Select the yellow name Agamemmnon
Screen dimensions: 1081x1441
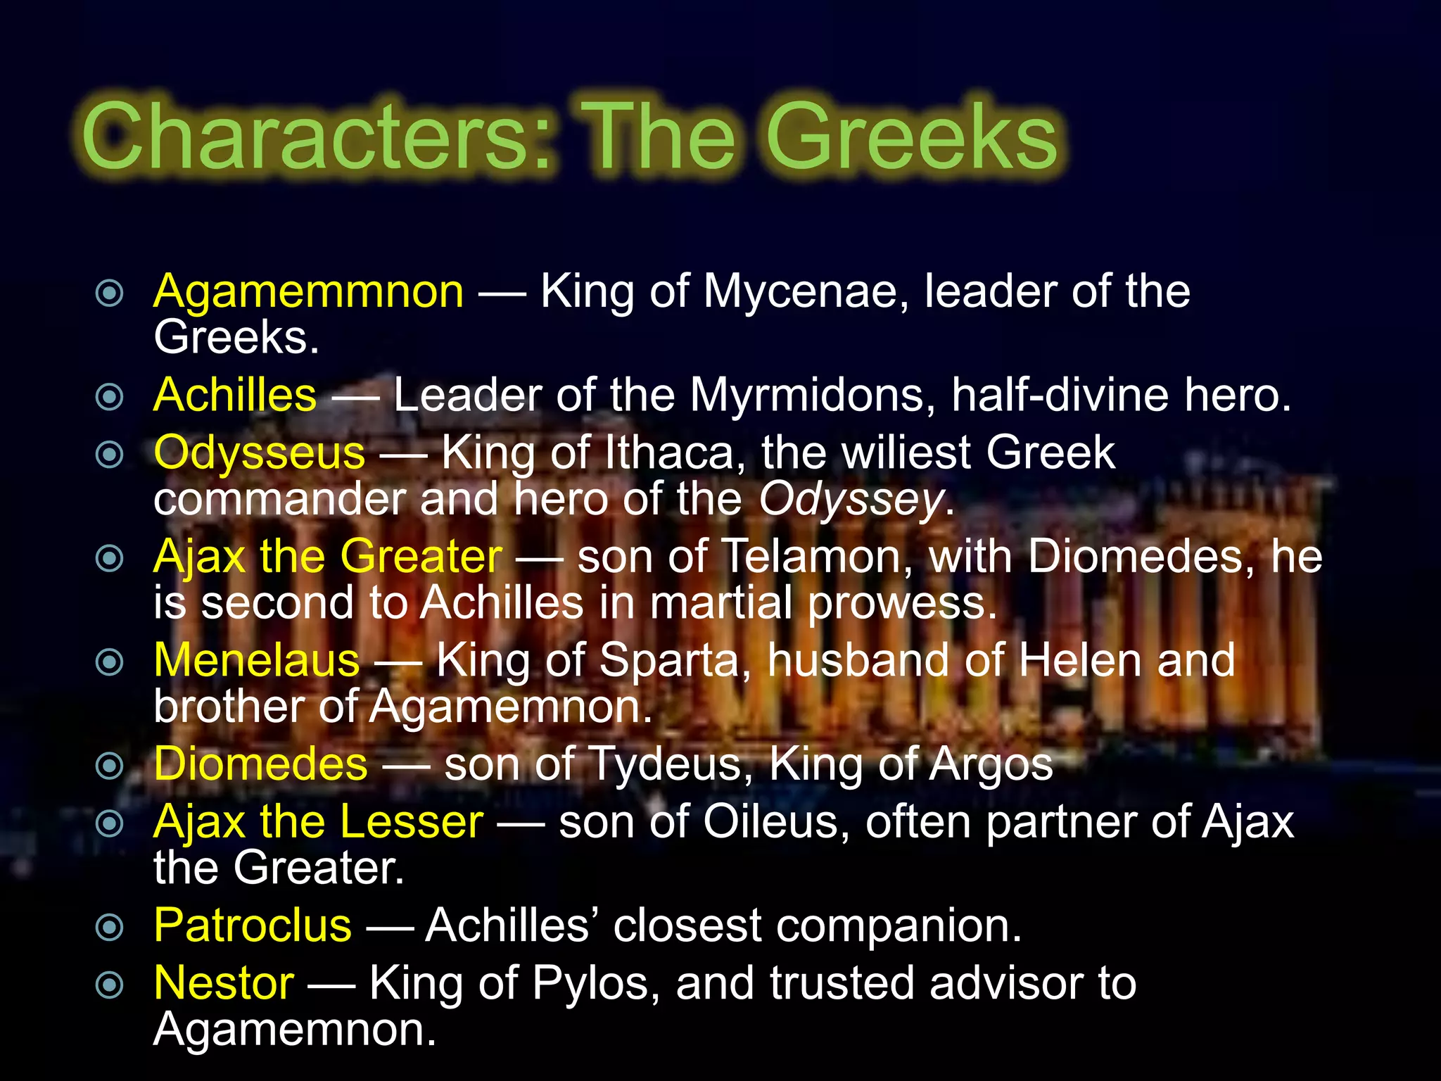pyautogui.click(x=308, y=291)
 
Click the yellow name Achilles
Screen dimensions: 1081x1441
pyautogui.click(x=235, y=395)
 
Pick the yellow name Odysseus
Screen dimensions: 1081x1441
pyautogui.click(x=259, y=453)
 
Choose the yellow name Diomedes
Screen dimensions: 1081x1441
pyautogui.click(x=260, y=764)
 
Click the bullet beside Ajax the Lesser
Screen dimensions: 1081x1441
pyautogui.click(x=109, y=823)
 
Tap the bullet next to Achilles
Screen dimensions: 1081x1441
pyautogui.click(x=109, y=396)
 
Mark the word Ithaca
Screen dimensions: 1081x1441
pyautogui.click(x=675, y=453)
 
